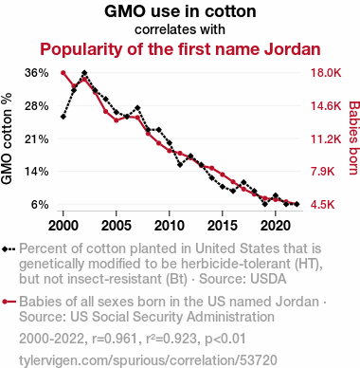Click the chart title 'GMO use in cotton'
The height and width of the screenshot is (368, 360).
point(180,11)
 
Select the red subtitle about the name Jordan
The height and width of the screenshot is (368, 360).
point(180,49)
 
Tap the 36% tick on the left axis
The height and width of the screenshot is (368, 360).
point(37,73)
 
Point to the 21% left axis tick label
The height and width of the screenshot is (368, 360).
point(37,138)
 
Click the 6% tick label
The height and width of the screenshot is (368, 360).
point(40,204)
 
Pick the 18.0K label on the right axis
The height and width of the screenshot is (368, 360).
point(326,73)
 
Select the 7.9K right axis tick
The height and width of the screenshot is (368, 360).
point(322,172)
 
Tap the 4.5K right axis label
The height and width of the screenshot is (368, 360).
point(322,204)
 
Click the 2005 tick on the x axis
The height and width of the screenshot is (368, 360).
point(117,226)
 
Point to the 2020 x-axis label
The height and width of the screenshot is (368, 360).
point(276,226)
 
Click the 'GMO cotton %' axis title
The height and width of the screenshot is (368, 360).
point(7,138)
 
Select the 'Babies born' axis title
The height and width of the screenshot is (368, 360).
point(354,138)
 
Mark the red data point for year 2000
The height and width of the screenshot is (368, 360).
point(63,73)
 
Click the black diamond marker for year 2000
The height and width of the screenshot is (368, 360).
point(63,117)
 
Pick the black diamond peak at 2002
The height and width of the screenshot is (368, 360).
point(84,73)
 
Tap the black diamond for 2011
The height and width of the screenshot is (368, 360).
point(180,164)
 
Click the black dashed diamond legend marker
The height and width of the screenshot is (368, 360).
point(9,248)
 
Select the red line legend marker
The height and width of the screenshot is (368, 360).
point(9,302)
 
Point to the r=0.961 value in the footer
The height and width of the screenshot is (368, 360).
point(115,339)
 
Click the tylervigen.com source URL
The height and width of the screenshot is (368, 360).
point(148,360)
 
